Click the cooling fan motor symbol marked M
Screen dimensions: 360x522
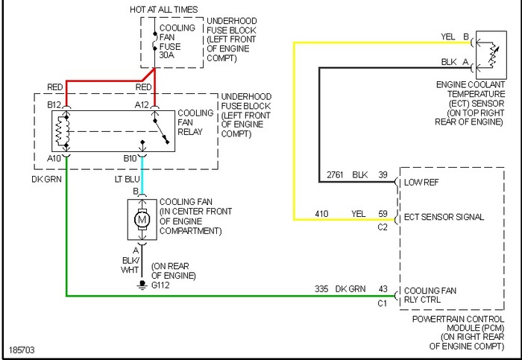point(142,220)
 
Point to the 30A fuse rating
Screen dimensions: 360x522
point(169,56)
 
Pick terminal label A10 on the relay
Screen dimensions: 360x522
point(54,159)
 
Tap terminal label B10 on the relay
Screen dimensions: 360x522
point(130,159)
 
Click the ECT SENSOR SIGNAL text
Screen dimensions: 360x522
point(444,218)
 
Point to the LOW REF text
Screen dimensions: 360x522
point(422,182)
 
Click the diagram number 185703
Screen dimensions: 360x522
point(21,349)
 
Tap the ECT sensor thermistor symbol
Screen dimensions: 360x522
point(489,53)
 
